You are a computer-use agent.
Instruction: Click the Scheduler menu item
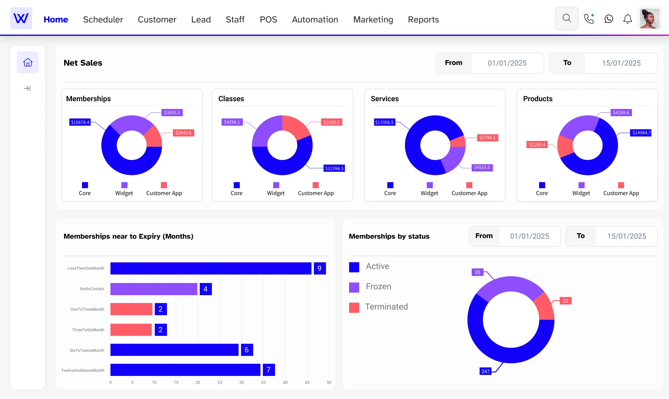[103, 19]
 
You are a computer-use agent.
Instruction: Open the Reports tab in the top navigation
[423, 19]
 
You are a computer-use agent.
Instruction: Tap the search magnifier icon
[566, 19]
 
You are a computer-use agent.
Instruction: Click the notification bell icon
[627, 19]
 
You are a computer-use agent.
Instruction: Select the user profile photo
[650, 19]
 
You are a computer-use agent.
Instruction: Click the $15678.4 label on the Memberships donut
[80, 122]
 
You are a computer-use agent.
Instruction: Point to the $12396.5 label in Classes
[334, 169]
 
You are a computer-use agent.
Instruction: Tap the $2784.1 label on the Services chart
[487, 138]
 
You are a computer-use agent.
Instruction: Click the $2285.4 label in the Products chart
[537, 145]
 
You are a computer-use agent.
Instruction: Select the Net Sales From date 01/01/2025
[507, 63]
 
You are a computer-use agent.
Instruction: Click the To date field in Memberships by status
[626, 236]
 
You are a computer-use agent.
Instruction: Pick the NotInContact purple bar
[154, 289]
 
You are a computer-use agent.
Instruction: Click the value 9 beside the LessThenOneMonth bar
[319, 268]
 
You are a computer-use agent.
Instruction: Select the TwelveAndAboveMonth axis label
[83, 370]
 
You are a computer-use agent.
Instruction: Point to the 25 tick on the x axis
[219, 383]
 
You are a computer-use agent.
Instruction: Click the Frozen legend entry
[378, 287]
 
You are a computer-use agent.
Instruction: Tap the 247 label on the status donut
[485, 371]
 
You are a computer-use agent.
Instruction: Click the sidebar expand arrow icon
[27, 88]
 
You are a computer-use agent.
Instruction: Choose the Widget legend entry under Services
[429, 189]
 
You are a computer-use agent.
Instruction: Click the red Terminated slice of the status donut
[544, 307]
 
